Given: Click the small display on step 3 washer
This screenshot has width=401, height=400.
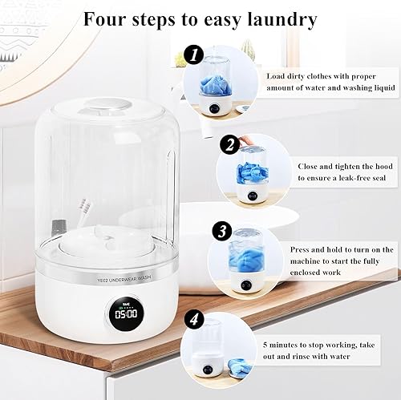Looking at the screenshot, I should click(x=241, y=285).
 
